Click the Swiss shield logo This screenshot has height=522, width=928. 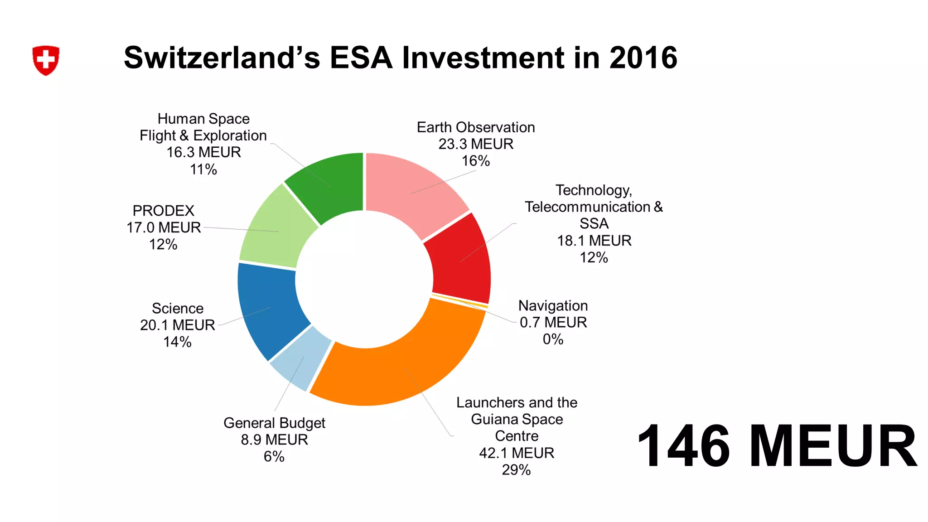coord(46,60)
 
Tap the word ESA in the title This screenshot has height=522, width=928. coord(361,58)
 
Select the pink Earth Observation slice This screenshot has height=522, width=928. coord(412,190)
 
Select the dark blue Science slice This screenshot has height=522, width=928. coord(267,308)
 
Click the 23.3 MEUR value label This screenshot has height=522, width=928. coord(476,144)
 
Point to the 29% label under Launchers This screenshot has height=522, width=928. coord(516,470)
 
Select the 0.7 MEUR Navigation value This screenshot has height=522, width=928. coord(553,322)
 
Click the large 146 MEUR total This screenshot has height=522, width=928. coord(777,446)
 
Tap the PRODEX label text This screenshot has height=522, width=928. coord(163,211)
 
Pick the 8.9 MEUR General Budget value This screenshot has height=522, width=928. coord(274,440)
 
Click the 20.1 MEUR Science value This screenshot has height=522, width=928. coord(177,325)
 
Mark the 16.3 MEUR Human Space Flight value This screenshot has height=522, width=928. coord(203,152)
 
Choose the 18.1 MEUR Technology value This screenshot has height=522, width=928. coord(594,241)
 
